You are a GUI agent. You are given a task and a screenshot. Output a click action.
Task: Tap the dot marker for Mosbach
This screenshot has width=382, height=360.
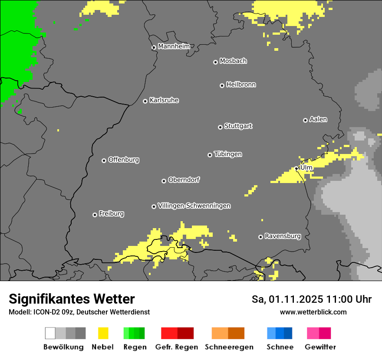[215, 62]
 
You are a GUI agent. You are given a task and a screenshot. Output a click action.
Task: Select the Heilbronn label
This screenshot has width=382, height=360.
[241, 85]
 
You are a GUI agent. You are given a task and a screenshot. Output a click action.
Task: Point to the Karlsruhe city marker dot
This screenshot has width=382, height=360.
[145, 101]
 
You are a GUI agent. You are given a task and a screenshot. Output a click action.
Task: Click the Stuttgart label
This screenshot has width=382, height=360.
[238, 126]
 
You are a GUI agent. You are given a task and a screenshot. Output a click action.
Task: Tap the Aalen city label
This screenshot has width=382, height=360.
[318, 119]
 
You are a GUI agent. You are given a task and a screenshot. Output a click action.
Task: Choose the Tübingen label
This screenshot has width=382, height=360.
[228, 154]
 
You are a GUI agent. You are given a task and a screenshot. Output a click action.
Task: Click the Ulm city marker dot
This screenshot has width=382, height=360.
[296, 168]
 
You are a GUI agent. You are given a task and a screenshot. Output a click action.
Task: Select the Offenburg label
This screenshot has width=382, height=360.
[123, 160]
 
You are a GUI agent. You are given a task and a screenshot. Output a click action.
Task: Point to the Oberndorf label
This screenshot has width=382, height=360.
[184, 180]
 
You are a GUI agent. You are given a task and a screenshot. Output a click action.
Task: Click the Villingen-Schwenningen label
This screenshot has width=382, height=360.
[194, 206]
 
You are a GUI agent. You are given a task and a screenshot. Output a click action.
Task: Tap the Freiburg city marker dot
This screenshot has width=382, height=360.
[95, 215]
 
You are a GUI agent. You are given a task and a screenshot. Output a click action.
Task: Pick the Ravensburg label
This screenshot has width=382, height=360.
[283, 236]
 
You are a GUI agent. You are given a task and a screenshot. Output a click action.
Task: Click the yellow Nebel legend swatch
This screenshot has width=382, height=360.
[103, 333]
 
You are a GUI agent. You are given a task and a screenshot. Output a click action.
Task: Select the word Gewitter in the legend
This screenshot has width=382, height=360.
[320, 347]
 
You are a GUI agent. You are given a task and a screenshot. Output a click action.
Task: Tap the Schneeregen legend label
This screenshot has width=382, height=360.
[229, 347]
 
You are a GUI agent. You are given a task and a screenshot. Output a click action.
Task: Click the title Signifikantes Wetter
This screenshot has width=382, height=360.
[72, 299]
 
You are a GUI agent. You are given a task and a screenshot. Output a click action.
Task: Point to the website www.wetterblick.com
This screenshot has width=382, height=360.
[313, 312]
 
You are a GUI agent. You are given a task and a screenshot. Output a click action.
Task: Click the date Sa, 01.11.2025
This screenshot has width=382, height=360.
[287, 299]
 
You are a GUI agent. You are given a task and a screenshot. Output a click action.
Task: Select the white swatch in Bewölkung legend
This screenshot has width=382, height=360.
[50, 333]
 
